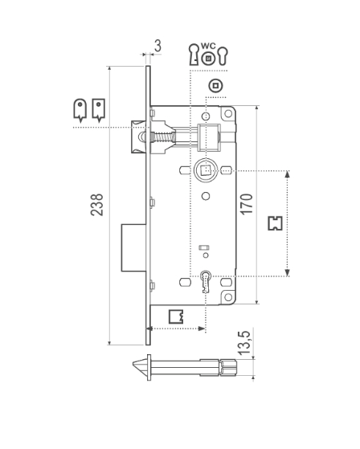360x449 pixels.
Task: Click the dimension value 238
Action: pos(96,205)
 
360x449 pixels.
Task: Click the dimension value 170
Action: pos(247,204)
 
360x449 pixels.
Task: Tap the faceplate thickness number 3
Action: pos(157,46)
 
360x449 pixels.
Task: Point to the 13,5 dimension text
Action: pos(244,343)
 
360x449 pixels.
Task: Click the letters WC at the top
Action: pos(208,46)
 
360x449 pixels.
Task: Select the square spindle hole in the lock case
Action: pos(206,170)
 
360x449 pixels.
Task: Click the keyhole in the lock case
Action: pos(206,281)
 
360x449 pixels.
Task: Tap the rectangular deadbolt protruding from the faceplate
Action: pos(133,247)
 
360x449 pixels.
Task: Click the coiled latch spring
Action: pos(162,138)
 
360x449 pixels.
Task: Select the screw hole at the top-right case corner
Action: pos(228,113)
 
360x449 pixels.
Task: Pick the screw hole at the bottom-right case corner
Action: pos(228,296)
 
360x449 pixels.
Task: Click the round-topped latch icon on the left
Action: pos(80,111)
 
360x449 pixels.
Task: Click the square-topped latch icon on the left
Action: pos(99,111)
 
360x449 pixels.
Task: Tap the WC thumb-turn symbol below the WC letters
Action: pos(208,59)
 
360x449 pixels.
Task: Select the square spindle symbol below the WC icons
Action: pos(215,86)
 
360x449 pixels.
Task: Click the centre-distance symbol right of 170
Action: pos(276,223)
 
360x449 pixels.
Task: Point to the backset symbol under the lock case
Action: pos(176,316)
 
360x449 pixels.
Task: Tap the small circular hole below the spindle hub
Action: pos(206,196)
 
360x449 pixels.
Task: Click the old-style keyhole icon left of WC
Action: pos(194,55)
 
